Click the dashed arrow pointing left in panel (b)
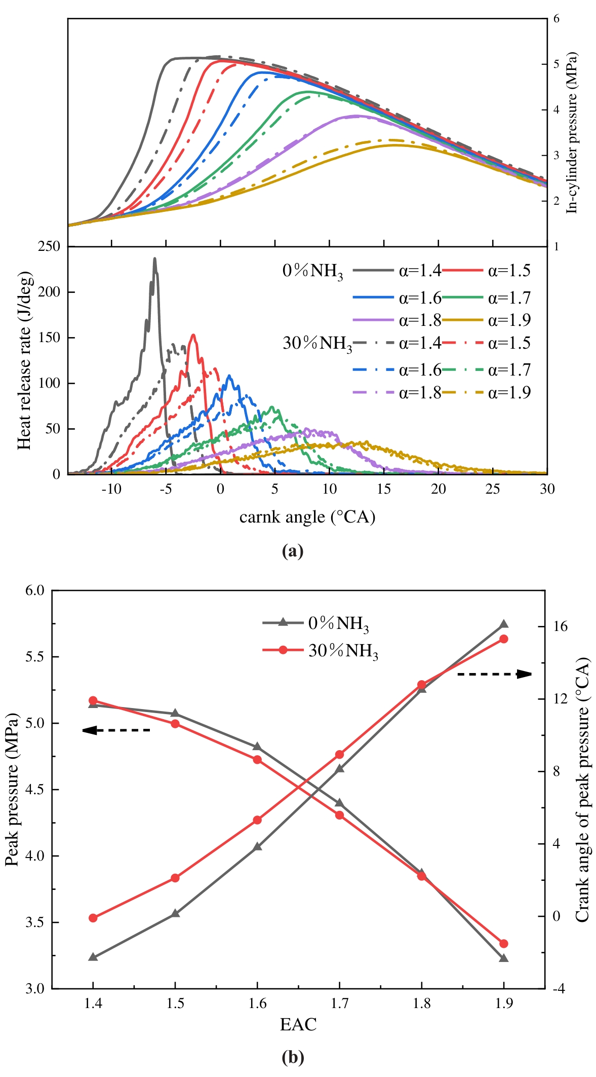pyautogui.click(x=116, y=730)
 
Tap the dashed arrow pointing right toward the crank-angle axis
pyautogui.click(x=494, y=674)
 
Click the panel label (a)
pyautogui.click(x=293, y=551)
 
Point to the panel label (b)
pyautogui.click(x=293, y=1058)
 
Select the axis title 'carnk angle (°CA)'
pyautogui.click(x=307, y=517)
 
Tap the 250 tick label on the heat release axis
pyautogui.click(x=49, y=247)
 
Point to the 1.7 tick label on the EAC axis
pyautogui.click(x=339, y=1004)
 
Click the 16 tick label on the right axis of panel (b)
pyautogui.click(x=560, y=626)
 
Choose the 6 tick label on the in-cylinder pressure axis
pyautogui.click(x=557, y=19)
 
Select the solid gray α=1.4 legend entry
pyautogui.click(x=398, y=271)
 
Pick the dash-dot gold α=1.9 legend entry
pyautogui.click(x=486, y=393)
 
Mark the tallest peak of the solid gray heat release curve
pyautogui.click(x=155, y=258)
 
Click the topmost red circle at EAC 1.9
pyautogui.click(x=504, y=639)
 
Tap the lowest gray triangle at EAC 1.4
pyautogui.click(x=93, y=957)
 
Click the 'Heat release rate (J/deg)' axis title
pyautogui.click(x=24, y=360)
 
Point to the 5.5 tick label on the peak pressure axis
pyautogui.click(x=35, y=657)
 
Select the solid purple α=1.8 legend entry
pyautogui.click(x=398, y=320)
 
